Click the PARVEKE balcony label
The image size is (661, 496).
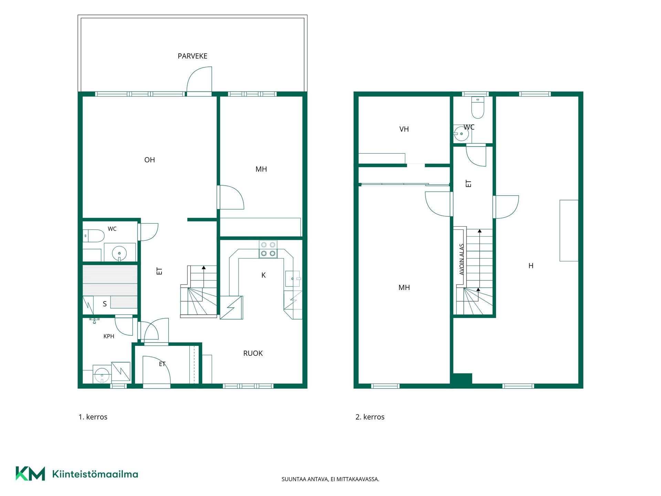(x=192, y=56)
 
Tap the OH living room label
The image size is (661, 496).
(x=149, y=160)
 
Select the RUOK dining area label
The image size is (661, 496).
(x=253, y=353)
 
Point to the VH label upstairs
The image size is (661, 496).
(x=404, y=129)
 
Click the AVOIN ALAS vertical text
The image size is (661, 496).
(x=462, y=259)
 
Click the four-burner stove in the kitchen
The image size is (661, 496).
(x=268, y=249)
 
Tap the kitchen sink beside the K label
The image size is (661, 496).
(x=293, y=279)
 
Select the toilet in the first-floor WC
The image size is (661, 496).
(x=94, y=236)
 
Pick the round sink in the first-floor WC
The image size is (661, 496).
(x=119, y=254)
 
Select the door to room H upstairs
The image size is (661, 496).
(x=506, y=207)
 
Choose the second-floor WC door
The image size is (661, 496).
(x=476, y=156)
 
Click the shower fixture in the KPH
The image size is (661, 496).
(x=94, y=321)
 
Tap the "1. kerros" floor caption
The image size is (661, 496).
(x=93, y=417)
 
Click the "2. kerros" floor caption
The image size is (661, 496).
(x=370, y=417)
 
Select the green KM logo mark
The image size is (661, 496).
(x=30, y=474)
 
